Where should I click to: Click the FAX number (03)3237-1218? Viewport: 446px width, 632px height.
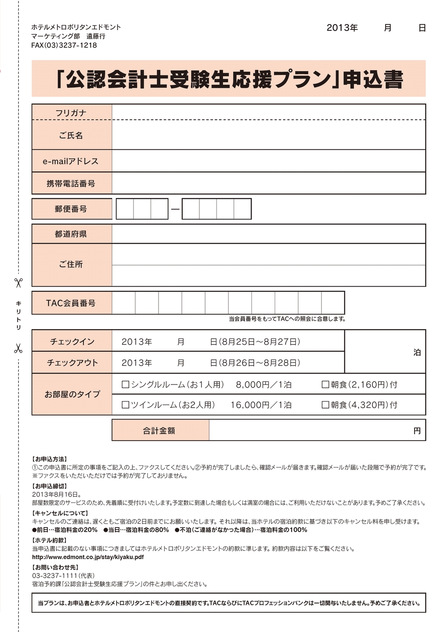[x=64, y=45]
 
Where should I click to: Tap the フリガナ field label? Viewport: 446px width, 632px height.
[x=71, y=113]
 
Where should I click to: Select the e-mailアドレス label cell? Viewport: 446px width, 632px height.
[x=71, y=162]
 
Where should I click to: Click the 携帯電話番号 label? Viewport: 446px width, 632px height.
[x=71, y=183]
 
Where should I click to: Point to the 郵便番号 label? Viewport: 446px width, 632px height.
[x=71, y=209]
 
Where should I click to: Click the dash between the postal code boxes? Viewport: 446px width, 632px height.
[x=175, y=209]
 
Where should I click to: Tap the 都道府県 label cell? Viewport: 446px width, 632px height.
[x=71, y=234]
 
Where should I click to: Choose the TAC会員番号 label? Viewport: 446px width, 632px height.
[x=71, y=303]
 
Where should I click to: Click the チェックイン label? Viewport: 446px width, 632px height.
[x=72, y=341]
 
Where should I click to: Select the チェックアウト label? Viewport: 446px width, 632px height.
[x=72, y=363]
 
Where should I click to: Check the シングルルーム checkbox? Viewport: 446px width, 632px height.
[x=125, y=384]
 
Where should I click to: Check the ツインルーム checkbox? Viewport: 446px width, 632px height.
[x=125, y=405]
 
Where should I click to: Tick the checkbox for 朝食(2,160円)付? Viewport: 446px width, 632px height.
[x=326, y=384]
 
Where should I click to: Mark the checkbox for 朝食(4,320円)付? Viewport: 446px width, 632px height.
[x=326, y=405]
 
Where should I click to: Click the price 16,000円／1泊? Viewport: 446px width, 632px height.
[x=261, y=405]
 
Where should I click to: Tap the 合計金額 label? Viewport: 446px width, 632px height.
[x=159, y=431]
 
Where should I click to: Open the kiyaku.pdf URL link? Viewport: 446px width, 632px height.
[x=88, y=557]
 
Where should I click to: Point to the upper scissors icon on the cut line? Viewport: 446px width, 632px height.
[x=18, y=283]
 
